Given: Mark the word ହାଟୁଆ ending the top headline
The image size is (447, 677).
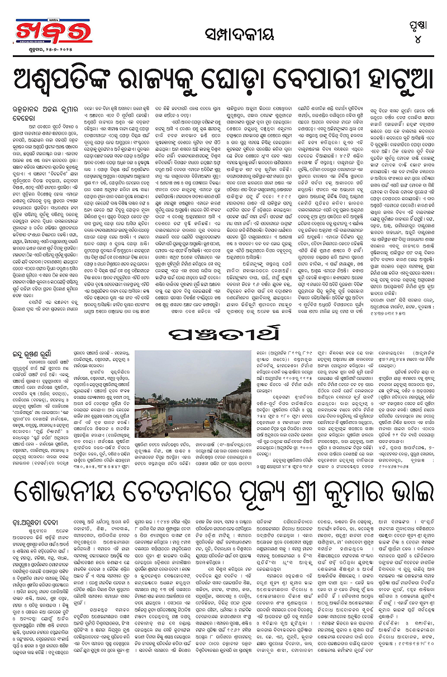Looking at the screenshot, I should (400, 82).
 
